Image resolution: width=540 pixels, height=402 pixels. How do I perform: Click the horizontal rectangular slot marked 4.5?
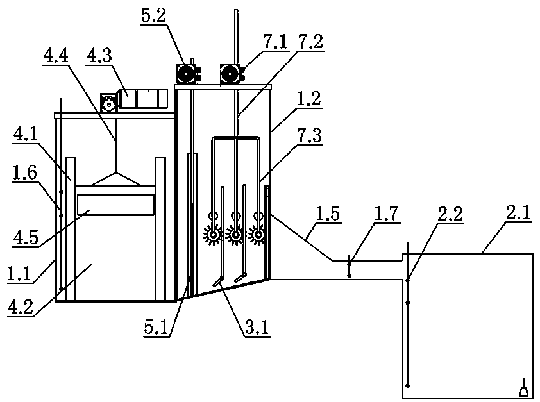pos(115,205)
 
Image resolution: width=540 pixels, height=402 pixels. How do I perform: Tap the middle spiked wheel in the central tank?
pos(236,236)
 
